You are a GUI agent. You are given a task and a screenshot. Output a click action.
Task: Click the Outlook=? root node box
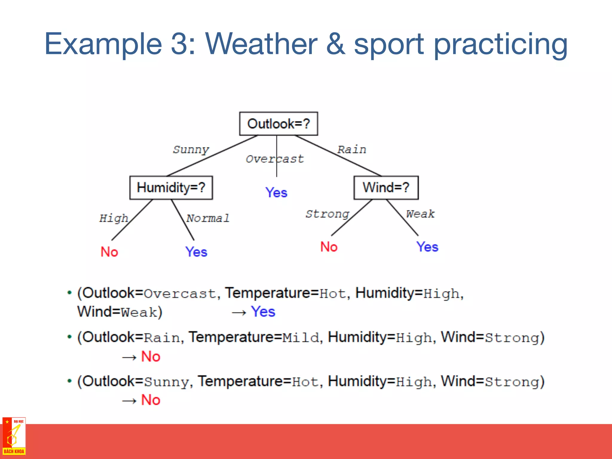point(279,124)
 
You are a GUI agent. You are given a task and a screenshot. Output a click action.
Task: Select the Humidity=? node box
point(171,188)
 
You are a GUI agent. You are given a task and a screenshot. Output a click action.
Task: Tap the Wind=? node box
point(386,188)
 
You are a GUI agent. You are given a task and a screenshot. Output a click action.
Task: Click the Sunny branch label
point(191,149)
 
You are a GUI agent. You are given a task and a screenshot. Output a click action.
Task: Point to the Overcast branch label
point(274,159)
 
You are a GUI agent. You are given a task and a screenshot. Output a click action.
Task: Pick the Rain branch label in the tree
point(351,149)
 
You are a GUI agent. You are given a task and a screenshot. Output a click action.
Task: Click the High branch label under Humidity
point(114,218)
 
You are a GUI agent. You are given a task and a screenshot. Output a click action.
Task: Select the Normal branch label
point(208,218)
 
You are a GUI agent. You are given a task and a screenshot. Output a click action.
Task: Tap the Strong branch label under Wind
point(327,214)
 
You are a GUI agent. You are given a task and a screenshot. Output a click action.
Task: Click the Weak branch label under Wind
point(420,214)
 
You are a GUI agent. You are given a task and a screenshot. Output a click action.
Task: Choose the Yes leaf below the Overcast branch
point(276,192)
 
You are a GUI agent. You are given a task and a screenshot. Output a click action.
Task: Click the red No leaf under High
point(109,252)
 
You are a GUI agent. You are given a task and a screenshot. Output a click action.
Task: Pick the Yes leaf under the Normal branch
point(196,252)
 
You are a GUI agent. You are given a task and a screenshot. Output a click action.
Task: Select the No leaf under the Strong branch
point(329,247)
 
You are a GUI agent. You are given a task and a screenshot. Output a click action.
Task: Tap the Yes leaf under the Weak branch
point(427,247)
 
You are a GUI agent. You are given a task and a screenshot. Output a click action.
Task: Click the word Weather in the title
point(261,44)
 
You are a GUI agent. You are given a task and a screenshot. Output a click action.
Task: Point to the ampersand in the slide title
point(335,44)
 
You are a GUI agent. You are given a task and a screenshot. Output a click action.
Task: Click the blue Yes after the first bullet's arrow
point(263,312)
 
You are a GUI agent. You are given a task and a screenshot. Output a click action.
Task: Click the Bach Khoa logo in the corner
point(14,436)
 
